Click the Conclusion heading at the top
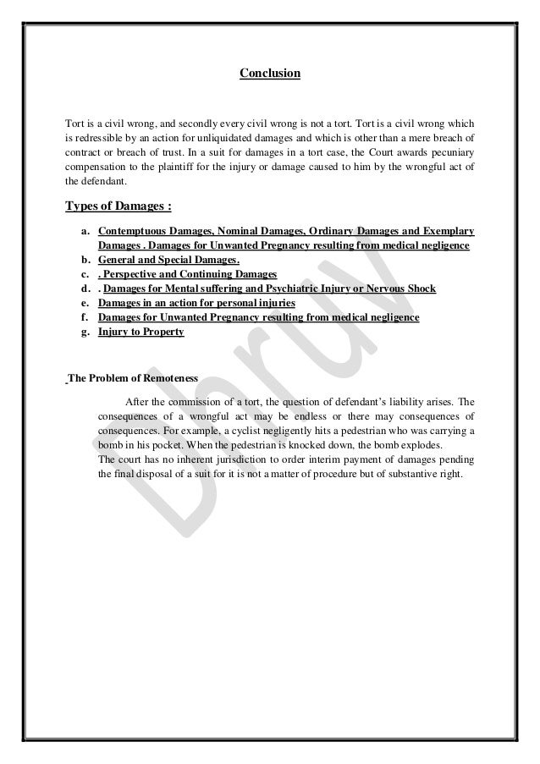pos(269,74)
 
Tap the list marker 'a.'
pos(85,231)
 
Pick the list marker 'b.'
pos(85,260)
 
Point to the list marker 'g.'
pos(85,332)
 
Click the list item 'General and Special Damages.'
pos(169,260)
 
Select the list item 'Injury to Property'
pos(141,332)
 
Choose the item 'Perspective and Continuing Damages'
pos(187,274)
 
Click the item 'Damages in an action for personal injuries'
pos(196,303)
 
